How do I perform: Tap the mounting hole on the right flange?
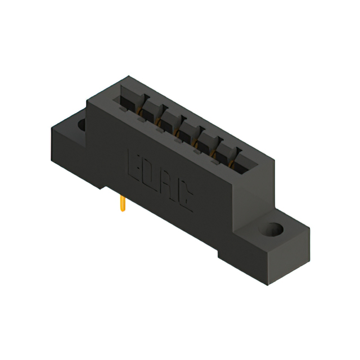pyautogui.click(x=274, y=229)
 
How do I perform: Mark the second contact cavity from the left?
pyautogui.click(x=149, y=114)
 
